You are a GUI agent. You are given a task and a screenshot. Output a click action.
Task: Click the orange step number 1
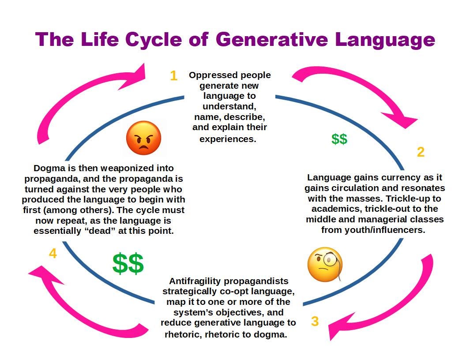pyautogui.click(x=173, y=76)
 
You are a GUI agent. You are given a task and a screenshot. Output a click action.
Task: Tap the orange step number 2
pyautogui.click(x=421, y=152)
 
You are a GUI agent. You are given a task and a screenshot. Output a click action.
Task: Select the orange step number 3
pyautogui.click(x=315, y=321)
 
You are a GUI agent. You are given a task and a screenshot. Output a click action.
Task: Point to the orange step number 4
pyautogui.click(x=53, y=254)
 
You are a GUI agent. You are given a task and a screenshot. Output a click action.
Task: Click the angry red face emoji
pyautogui.click(x=143, y=138)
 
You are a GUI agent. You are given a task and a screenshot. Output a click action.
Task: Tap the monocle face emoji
pyautogui.click(x=325, y=265)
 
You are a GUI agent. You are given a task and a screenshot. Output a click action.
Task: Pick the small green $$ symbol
pyautogui.click(x=339, y=139)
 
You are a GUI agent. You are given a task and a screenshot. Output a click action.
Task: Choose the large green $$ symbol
pyautogui.click(x=128, y=264)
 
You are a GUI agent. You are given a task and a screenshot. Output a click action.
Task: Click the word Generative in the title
pyautogui.click(x=272, y=40)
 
